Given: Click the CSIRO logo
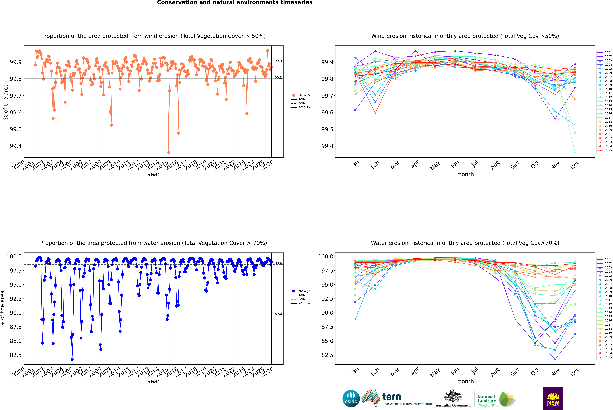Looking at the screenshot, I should pos(351,399).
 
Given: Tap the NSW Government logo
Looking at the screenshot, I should pos(553,399).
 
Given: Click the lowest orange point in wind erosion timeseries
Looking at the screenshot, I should pos(169,152).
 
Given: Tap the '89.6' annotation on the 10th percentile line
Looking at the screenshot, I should pos(278,314).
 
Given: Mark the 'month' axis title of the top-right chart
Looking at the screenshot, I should pos(465,174).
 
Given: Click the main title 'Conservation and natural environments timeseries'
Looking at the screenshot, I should pos(235,3).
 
